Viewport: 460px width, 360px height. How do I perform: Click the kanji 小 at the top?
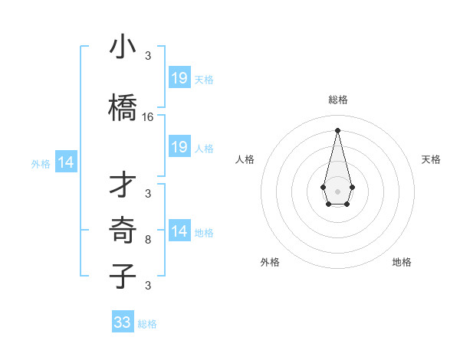pos(123,47)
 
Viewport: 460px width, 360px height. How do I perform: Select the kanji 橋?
pos(123,108)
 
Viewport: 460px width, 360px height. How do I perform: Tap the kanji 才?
pos(123,185)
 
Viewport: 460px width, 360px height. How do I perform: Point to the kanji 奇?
pos(123,231)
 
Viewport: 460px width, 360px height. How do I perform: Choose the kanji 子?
pos(123,277)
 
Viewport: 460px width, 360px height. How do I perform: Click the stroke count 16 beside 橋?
pos(148,117)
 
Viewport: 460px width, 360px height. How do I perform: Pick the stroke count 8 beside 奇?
pos(148,240)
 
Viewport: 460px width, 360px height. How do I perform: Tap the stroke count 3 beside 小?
pos(148,56)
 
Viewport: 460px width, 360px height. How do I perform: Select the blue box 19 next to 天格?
pos(179,78)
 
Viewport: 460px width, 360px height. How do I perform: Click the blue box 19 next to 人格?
pos(179,147)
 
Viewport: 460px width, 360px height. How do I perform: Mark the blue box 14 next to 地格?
pos(179,231)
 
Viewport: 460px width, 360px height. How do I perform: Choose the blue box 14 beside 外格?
pos(66,162)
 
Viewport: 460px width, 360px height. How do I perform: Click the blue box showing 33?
pos(123,322)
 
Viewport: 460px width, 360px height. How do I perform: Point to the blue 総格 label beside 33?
pos(147,324)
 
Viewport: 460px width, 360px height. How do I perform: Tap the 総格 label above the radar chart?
pos(337,100)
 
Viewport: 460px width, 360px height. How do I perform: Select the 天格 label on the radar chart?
pos(432,159)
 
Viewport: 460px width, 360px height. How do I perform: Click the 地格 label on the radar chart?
pos(402,262)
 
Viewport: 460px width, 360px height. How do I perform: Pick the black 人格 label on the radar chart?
pos(245,159)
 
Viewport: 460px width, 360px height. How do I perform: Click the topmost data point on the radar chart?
pos(337,129)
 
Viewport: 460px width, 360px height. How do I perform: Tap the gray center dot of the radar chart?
pos(337,190)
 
